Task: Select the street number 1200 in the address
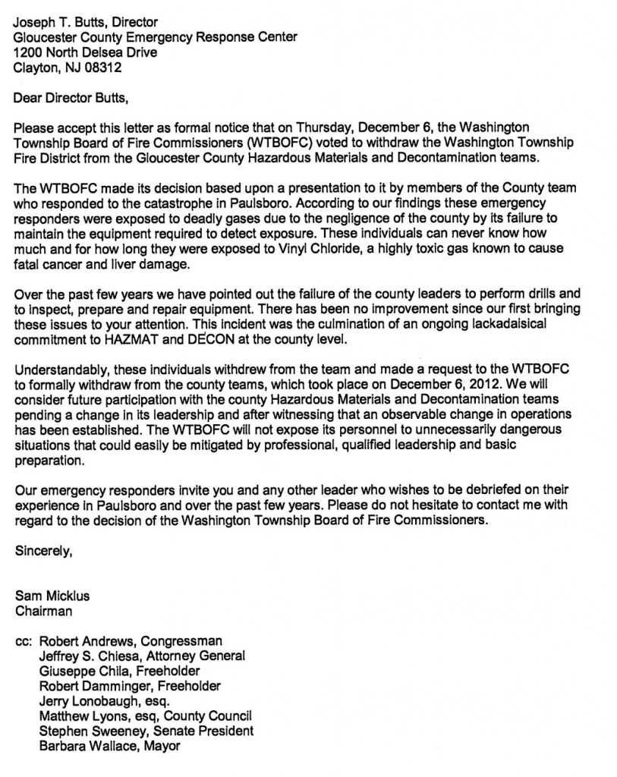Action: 29,52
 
